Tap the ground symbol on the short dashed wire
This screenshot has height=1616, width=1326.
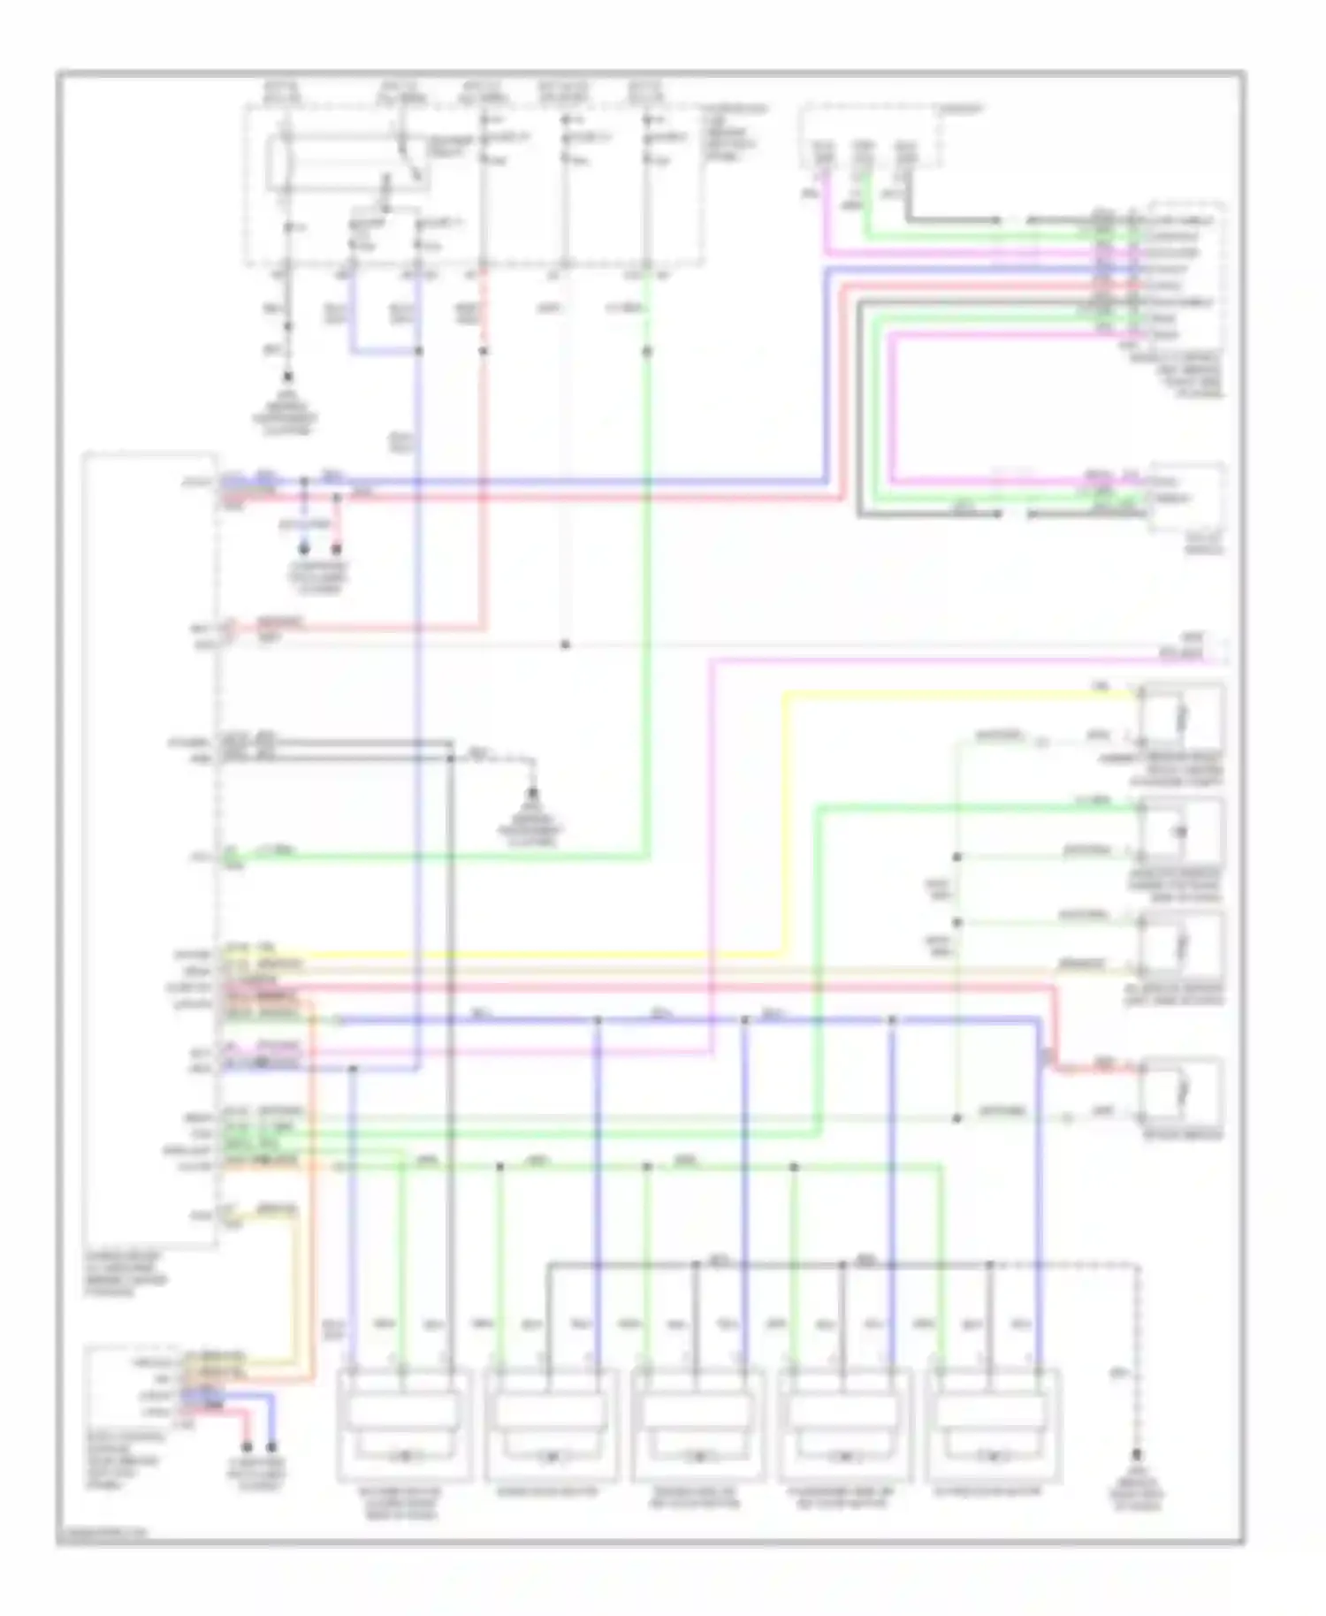tap(533, 793)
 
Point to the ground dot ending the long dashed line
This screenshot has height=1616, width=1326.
tap(1138, 1455)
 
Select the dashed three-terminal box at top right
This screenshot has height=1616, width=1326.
tap(871, 137)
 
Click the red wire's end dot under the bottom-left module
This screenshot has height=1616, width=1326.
tap(248, 1448)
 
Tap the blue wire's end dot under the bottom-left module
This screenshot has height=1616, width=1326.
tap(272, 1448)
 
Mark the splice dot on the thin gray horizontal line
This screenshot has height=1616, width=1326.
tap(565, 644)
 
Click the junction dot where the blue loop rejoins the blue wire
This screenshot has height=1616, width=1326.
tap(419, 351)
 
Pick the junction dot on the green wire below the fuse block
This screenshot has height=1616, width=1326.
tap(647, 351)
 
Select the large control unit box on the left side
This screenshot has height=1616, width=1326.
tap(150, 849)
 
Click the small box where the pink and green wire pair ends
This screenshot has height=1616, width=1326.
tap(1187, 497)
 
